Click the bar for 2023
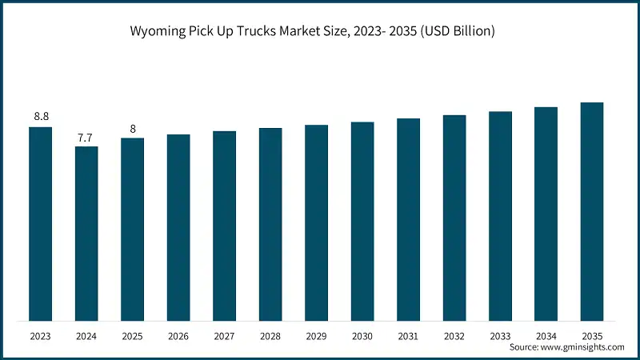pos(41,224)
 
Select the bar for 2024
pos(86,234)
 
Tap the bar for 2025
pos(133,230)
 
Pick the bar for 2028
pos(270,225)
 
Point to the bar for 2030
pos(362,222)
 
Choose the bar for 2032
pos(454,218)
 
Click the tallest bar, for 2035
pos(592,212)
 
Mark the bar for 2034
pos(546,214)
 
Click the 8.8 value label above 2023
pos(41,117)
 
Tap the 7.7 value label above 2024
pos(86,138)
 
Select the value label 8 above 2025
pos(133,129)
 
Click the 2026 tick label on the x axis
pos(178,337)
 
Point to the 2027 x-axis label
pos(225,337)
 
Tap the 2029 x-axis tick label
pos(316,337)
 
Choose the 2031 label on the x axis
pos(408,337)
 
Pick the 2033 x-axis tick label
pos(500,337)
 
